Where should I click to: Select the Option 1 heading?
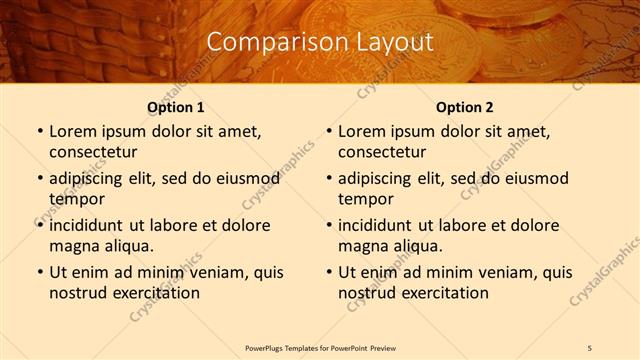click(176, 107)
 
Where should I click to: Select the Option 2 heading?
click(465, 107)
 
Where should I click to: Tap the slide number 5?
click(589, 347)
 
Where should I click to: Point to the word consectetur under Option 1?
click(93, 152)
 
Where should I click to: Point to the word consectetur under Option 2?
click(382, 152)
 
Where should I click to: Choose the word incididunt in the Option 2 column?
click(382, 225)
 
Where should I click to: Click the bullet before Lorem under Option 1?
click(39, 132)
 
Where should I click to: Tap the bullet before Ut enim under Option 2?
click(328, 272)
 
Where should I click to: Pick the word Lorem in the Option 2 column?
click(362, 132)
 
